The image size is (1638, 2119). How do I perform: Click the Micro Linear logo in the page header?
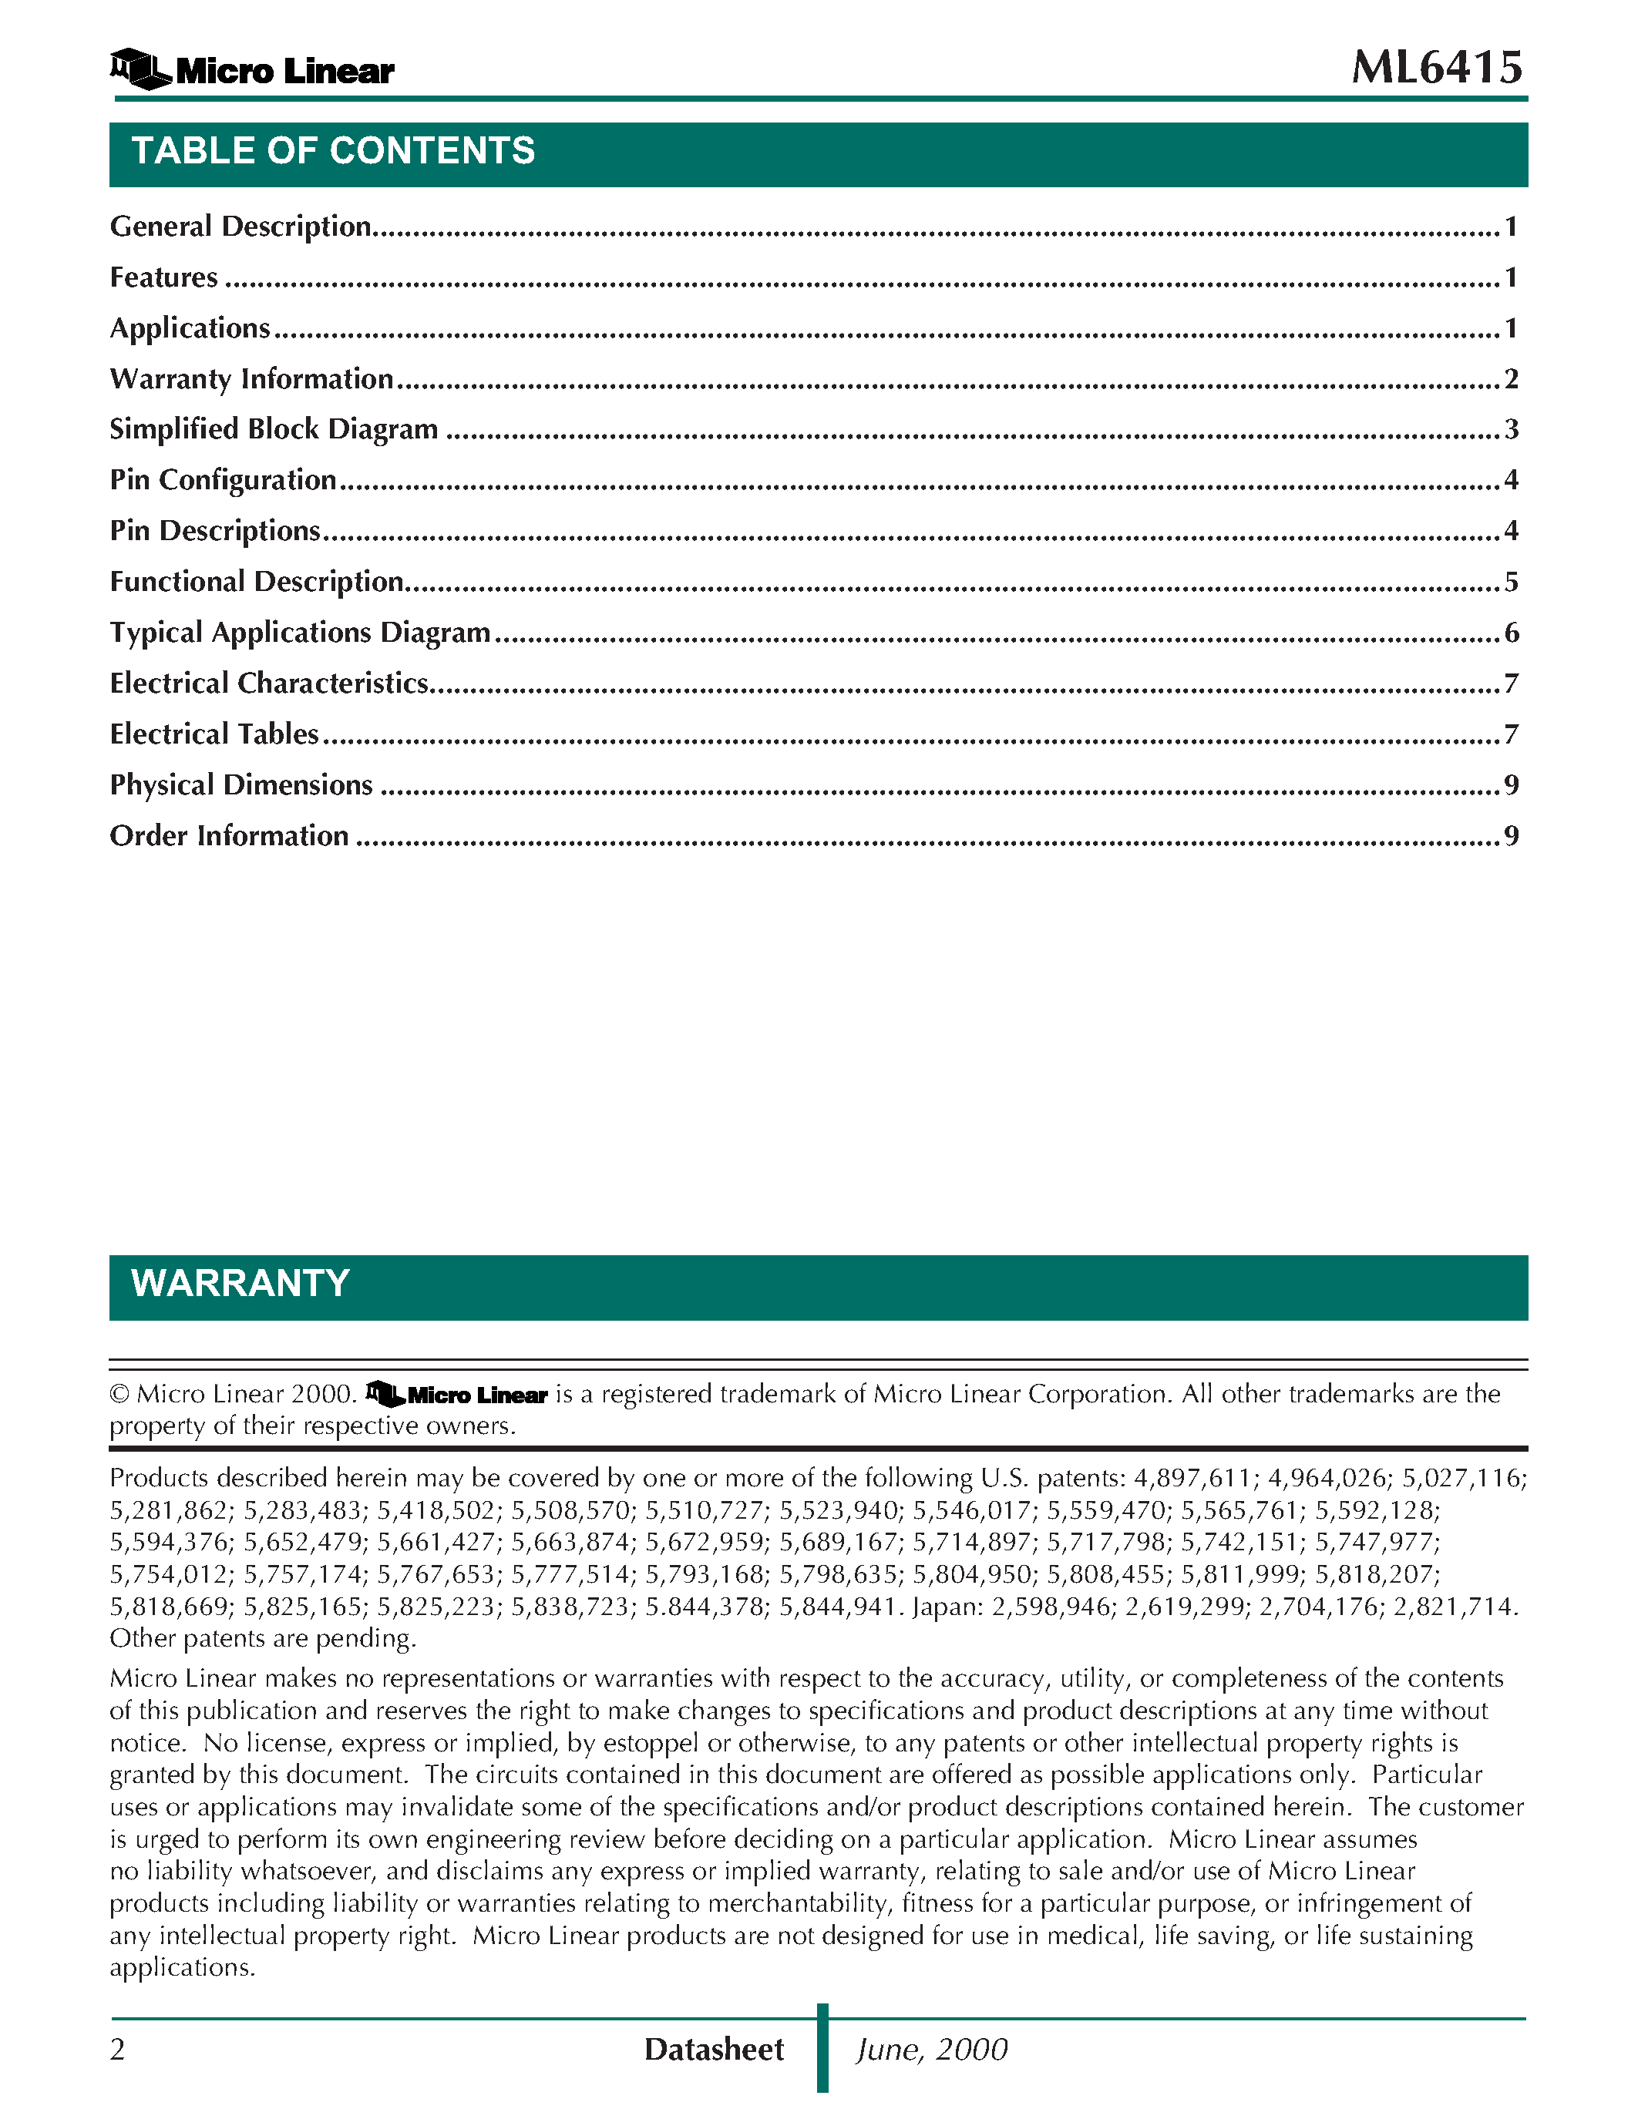point(252,70)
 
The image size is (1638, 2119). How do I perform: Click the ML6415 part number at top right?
point(1436,68)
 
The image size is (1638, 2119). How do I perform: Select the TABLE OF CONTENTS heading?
point(333,151)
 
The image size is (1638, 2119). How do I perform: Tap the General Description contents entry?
point(240,226)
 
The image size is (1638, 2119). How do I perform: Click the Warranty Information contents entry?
point(251,378)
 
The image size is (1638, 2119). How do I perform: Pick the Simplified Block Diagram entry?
point(274,429)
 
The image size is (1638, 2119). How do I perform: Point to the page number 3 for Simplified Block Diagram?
point(1511,429)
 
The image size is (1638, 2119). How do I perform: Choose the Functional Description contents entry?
point(256,581)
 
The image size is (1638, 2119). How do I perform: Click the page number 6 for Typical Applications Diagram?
point(1511,633)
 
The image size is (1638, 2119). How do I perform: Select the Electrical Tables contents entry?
point(214,734)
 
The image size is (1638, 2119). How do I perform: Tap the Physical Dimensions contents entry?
point(240,785)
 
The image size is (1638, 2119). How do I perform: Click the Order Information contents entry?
point(229,835)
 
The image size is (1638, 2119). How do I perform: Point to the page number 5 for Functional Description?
point(1511,581)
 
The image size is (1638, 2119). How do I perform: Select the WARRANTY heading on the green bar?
point(240,1284)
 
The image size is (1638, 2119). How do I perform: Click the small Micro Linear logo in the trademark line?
point(456,1394)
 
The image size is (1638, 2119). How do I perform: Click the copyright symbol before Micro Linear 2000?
point(119,1394)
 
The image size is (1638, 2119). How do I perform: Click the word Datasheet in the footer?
point(713,2049)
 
